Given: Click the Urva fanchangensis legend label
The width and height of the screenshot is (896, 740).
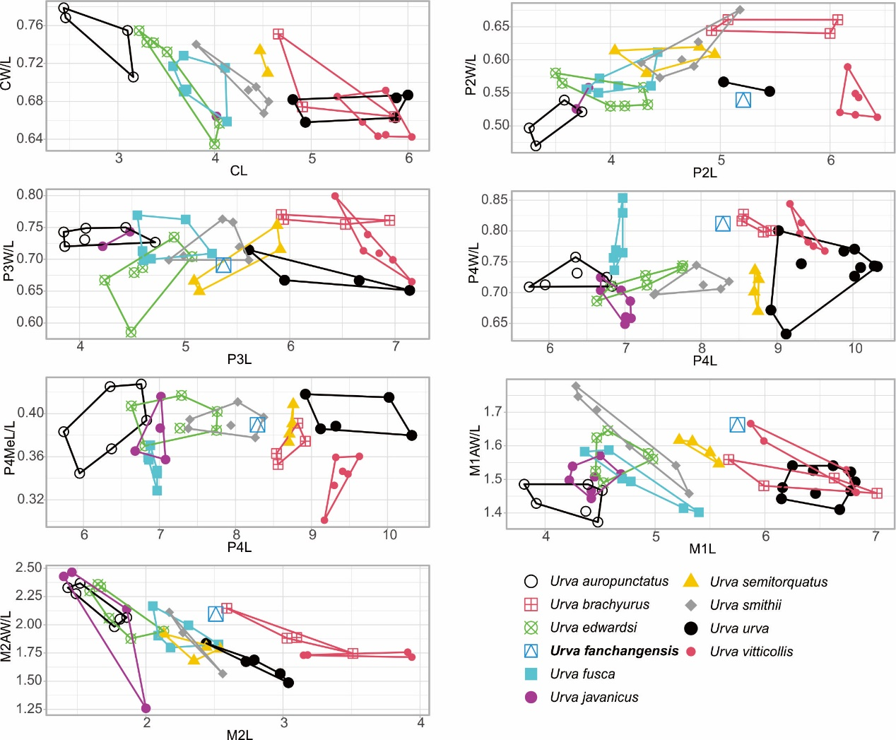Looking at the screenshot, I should (614, 651).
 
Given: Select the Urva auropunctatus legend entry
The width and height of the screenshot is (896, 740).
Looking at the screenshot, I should (609, 582).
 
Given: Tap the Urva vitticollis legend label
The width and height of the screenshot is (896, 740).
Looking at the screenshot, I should (751, 652).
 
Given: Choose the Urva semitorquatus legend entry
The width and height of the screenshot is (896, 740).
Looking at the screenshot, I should (768, 582).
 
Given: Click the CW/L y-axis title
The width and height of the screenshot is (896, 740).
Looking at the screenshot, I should (6, 74).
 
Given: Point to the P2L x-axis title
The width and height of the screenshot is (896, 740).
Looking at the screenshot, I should (705, 172).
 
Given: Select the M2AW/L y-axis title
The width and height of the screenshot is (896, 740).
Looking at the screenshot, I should (6, 637).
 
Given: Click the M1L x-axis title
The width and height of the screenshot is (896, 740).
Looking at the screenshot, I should (702, 548).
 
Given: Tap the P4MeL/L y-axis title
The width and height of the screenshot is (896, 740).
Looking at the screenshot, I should (9, 449).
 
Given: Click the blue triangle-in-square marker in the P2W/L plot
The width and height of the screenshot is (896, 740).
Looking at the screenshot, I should (743, 100).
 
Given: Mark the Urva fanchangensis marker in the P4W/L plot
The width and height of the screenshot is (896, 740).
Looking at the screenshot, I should (722, 224).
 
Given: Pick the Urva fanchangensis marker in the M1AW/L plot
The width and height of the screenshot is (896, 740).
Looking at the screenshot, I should (737, 425).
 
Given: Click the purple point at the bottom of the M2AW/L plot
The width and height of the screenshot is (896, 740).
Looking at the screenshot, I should (146, 708).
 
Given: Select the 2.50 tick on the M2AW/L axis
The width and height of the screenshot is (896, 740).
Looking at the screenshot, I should (29, 568).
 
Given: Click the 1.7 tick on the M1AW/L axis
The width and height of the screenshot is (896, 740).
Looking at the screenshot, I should (492, 411).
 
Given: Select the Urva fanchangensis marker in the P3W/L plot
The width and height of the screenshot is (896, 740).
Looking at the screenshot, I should (223, 265).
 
